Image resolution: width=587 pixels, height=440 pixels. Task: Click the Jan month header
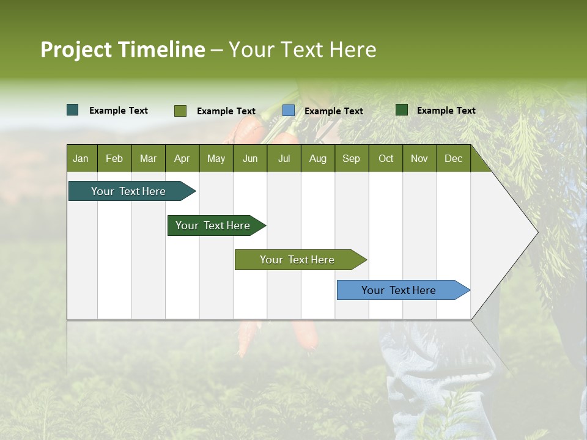click(81, 158)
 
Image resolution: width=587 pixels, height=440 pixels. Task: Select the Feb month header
click(114, 158)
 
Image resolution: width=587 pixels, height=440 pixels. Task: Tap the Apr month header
click(182, 158)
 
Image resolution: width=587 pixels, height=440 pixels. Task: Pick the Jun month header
click(250, 158)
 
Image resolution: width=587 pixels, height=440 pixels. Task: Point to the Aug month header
click(317, 158)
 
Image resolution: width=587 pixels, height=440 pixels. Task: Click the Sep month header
click(351, 158)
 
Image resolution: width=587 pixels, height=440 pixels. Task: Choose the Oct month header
click(386, 158)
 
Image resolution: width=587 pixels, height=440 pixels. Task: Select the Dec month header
click(453, 158)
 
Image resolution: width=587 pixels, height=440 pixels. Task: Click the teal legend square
click(73, 110)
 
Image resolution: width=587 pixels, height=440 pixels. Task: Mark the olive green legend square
click(180, 111)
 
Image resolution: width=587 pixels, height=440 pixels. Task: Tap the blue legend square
click(289, 111)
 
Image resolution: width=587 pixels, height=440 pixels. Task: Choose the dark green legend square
click(402, 110)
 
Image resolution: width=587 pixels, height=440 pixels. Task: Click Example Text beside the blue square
click(334, 111)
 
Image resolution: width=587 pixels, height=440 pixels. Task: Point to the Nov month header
click(419, 158)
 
